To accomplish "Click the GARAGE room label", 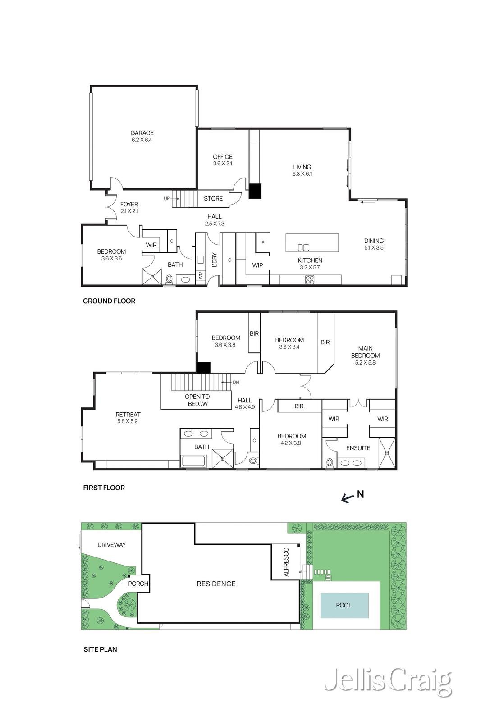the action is pos(142,132).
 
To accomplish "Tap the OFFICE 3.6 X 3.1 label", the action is pos(223,160).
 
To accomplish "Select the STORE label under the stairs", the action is pos(213,199).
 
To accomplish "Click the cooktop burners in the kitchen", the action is pos(309,280).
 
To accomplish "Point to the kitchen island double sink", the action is pos(303,247).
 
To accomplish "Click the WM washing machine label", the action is pos(200,275).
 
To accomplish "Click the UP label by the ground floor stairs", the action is pos(166,199).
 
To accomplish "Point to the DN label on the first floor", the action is pos(236,383).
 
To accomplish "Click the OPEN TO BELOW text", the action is pos(197,400).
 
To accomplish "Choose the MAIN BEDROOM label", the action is pos(366,352).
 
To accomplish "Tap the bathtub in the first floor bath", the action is pos(193,461).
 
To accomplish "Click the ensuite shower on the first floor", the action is pos(387,453).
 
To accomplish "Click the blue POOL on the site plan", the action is pos(344,605).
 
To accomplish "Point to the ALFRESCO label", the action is pos(286,562).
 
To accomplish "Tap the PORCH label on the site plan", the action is pos(138,584).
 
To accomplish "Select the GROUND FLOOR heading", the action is pos(109,301).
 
